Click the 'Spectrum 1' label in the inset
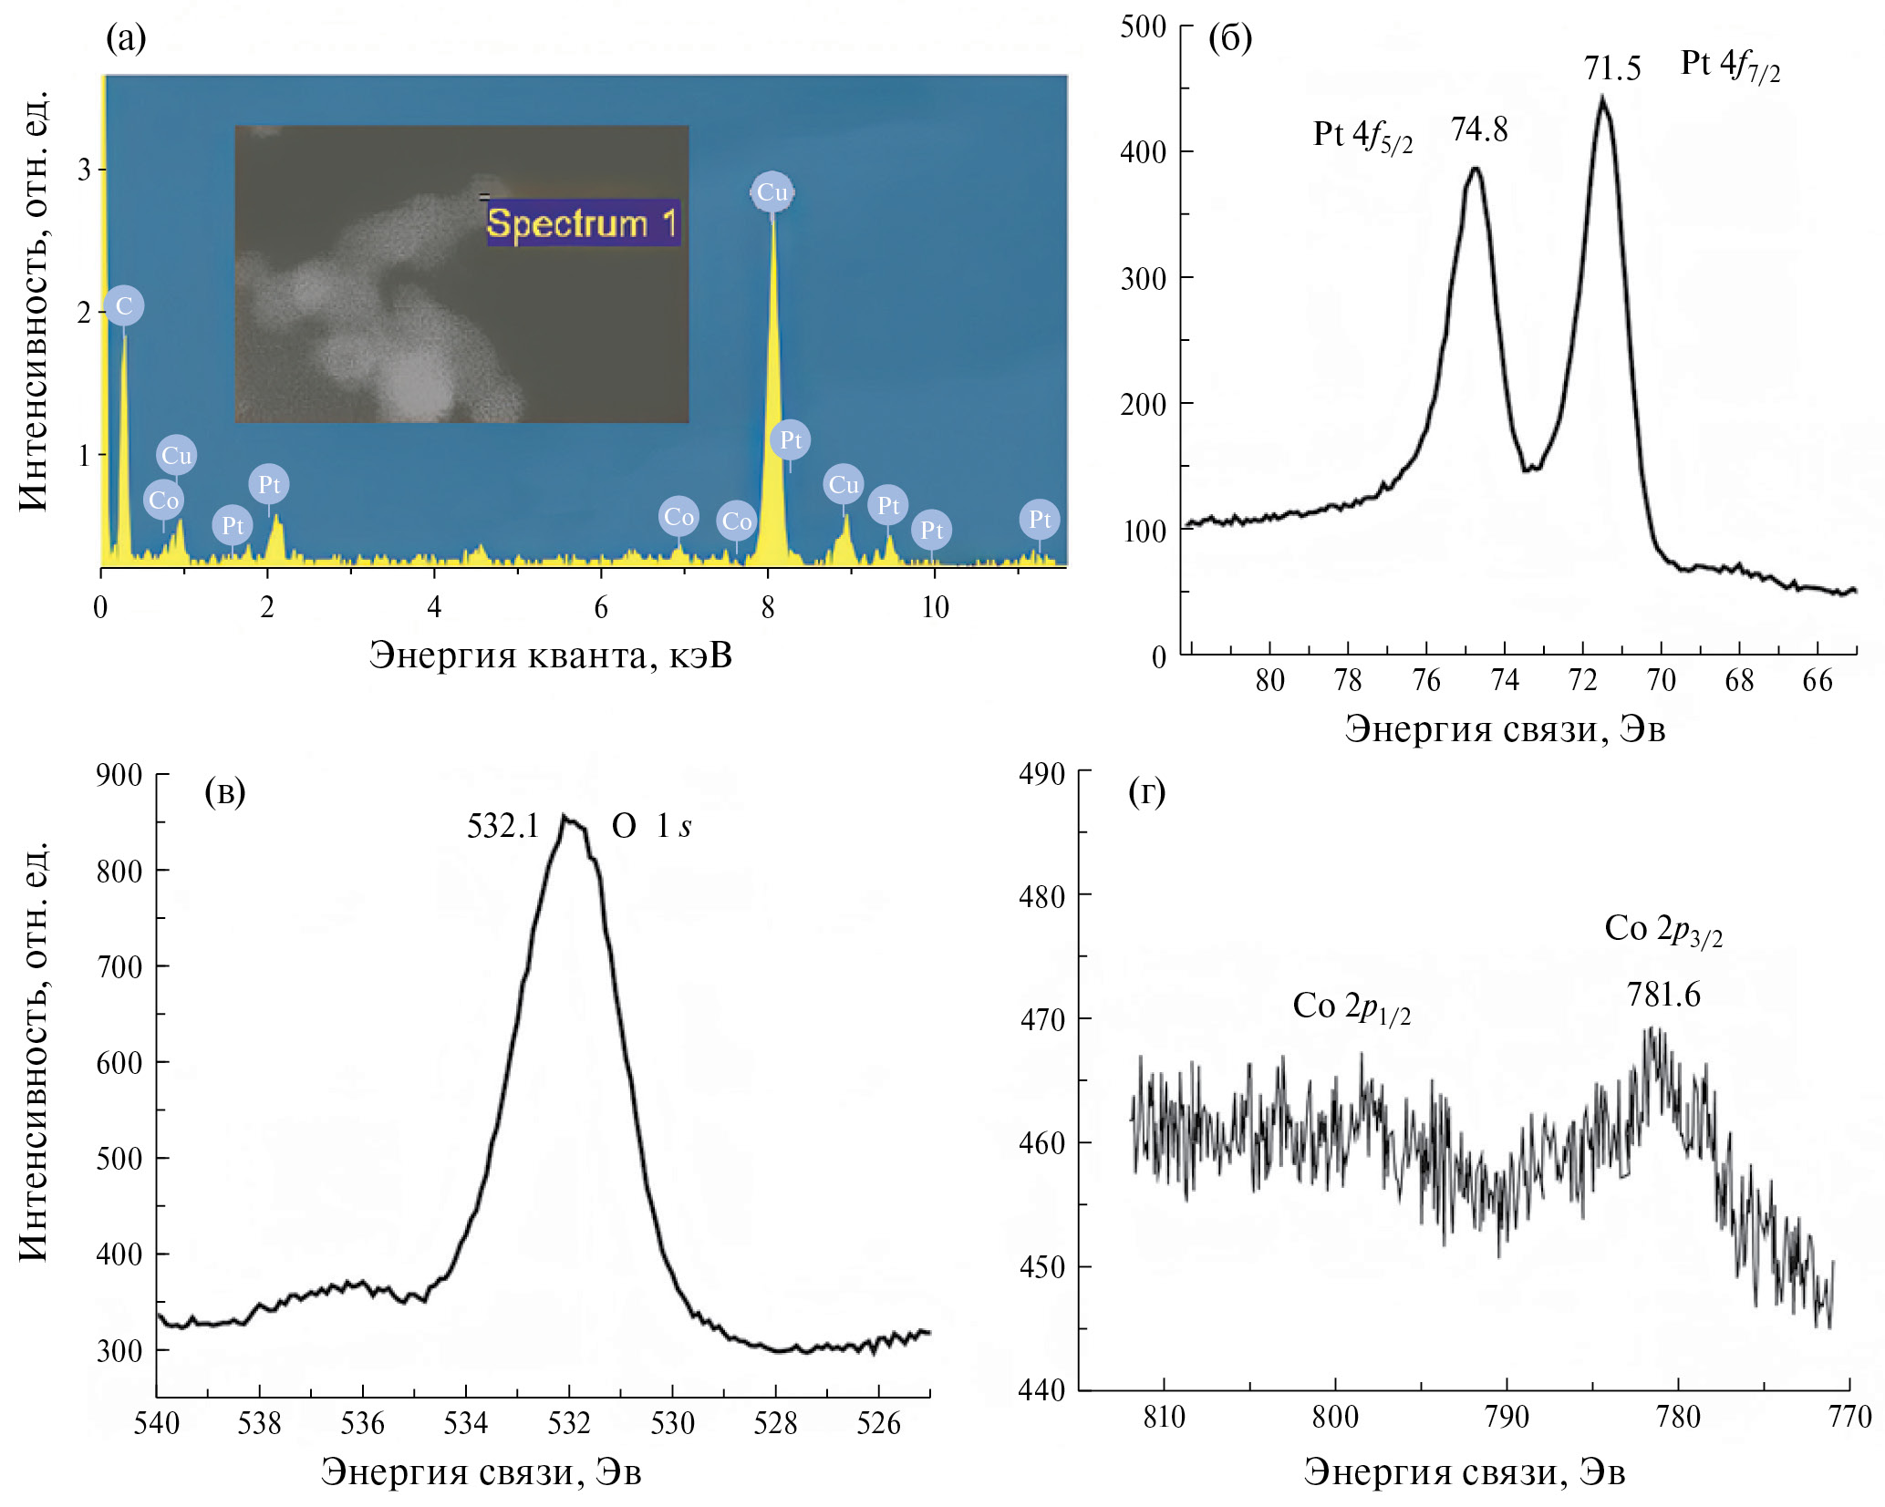click(583, 223)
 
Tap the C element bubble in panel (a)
click(124, 306)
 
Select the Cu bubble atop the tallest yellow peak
click(772, 192)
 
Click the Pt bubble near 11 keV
click(1040, 520)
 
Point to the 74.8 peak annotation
click(1479, 130)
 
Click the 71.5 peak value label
click(1611, 68)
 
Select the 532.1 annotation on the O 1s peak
click(503, 826)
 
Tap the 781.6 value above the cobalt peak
click(1663, 995)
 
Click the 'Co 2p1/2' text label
click(1352, 1006)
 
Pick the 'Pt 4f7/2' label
click(1730, 65)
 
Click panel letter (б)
click(1229, 39)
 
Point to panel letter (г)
click(1146, 791)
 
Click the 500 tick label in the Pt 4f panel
click(1143, 27)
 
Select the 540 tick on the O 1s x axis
click(156, 1423)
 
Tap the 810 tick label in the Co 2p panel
click(1164, 1417)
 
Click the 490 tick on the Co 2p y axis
click(1041, 774)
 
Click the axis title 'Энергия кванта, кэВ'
click(550, 655)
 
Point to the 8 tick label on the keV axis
click(768, 607)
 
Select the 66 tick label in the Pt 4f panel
click(1818, 680)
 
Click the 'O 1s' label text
click(651, 826)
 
